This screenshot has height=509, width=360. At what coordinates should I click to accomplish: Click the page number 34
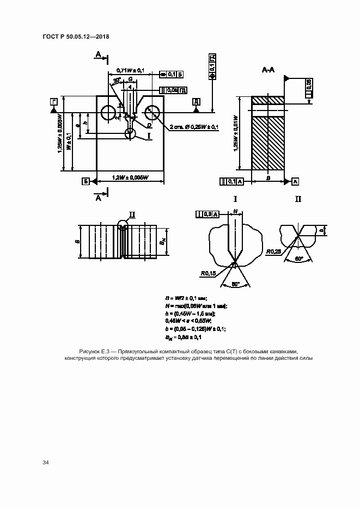[x=46, y=462]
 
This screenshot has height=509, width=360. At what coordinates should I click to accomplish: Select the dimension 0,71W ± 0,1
[x=130, y=70]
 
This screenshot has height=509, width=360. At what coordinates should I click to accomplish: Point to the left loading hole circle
[x=108, y=113]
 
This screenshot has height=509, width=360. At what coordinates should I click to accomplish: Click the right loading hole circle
[x=151, y=113]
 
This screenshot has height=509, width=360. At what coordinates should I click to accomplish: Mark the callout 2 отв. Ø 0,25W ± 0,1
[x=193, y=127]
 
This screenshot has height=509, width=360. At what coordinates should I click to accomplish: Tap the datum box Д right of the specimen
[x=196, y=102]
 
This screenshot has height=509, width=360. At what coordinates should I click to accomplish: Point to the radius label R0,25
[x=273, y=252]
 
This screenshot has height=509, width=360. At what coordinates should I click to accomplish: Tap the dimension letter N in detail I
[x=235, y=210]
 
